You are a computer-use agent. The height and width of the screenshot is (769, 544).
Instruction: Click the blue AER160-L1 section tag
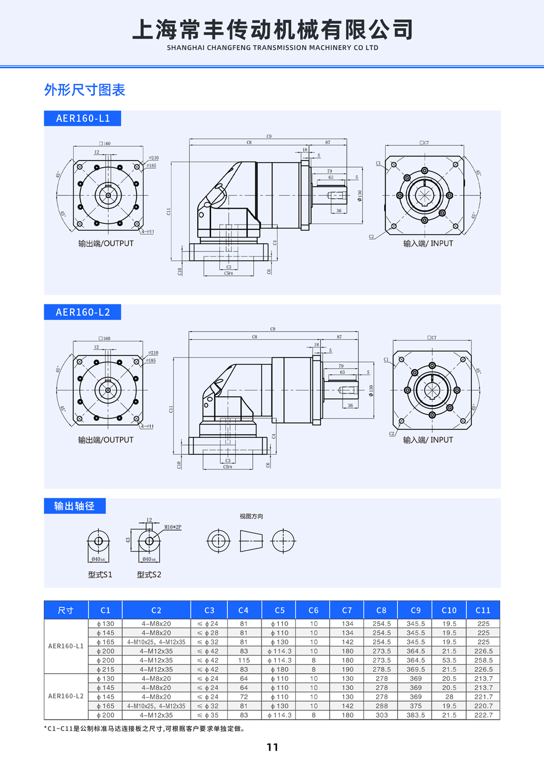(83, 118)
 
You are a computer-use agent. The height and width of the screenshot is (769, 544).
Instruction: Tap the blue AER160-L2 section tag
(83, 312)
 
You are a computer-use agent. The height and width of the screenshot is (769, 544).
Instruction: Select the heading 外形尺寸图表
(85, 90)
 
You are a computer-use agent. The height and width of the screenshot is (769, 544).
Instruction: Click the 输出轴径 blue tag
(75, 506)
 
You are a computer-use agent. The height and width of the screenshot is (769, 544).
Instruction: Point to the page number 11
(272, 747)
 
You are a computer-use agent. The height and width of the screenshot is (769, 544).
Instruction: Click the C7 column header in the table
(347, 610)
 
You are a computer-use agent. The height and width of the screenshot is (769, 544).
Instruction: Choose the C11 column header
(483, 610)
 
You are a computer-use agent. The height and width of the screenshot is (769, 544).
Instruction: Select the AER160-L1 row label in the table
(66, 646)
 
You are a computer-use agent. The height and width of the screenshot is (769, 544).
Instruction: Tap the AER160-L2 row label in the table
(66, 696)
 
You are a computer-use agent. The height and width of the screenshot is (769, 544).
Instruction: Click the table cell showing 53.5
(449, 660)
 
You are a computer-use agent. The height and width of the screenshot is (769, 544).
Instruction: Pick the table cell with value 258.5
(483, 660)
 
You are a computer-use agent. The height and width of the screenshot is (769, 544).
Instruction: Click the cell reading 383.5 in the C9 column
(415, 715)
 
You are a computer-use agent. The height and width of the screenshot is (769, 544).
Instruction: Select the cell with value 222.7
(483, 715)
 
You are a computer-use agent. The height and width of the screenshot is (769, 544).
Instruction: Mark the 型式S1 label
(100, 575)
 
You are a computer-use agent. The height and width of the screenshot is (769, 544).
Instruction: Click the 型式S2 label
(149, 575)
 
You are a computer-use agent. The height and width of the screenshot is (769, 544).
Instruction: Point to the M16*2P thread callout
(173, 527)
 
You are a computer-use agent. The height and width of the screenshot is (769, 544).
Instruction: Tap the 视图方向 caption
(251, 516)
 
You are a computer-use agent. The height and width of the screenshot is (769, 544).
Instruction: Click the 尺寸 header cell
(66, 610)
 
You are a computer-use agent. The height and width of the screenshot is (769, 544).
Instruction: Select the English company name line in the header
(272, 48)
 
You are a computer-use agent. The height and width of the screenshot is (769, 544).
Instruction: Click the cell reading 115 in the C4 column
(244, 660)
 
